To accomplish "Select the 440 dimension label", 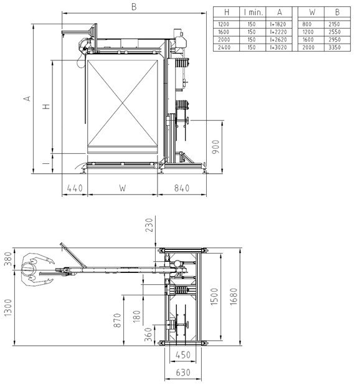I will point(74,187).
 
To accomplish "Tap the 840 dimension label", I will point(182,187).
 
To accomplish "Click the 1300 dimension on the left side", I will point(8,306).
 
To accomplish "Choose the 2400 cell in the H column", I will point(225,47).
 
